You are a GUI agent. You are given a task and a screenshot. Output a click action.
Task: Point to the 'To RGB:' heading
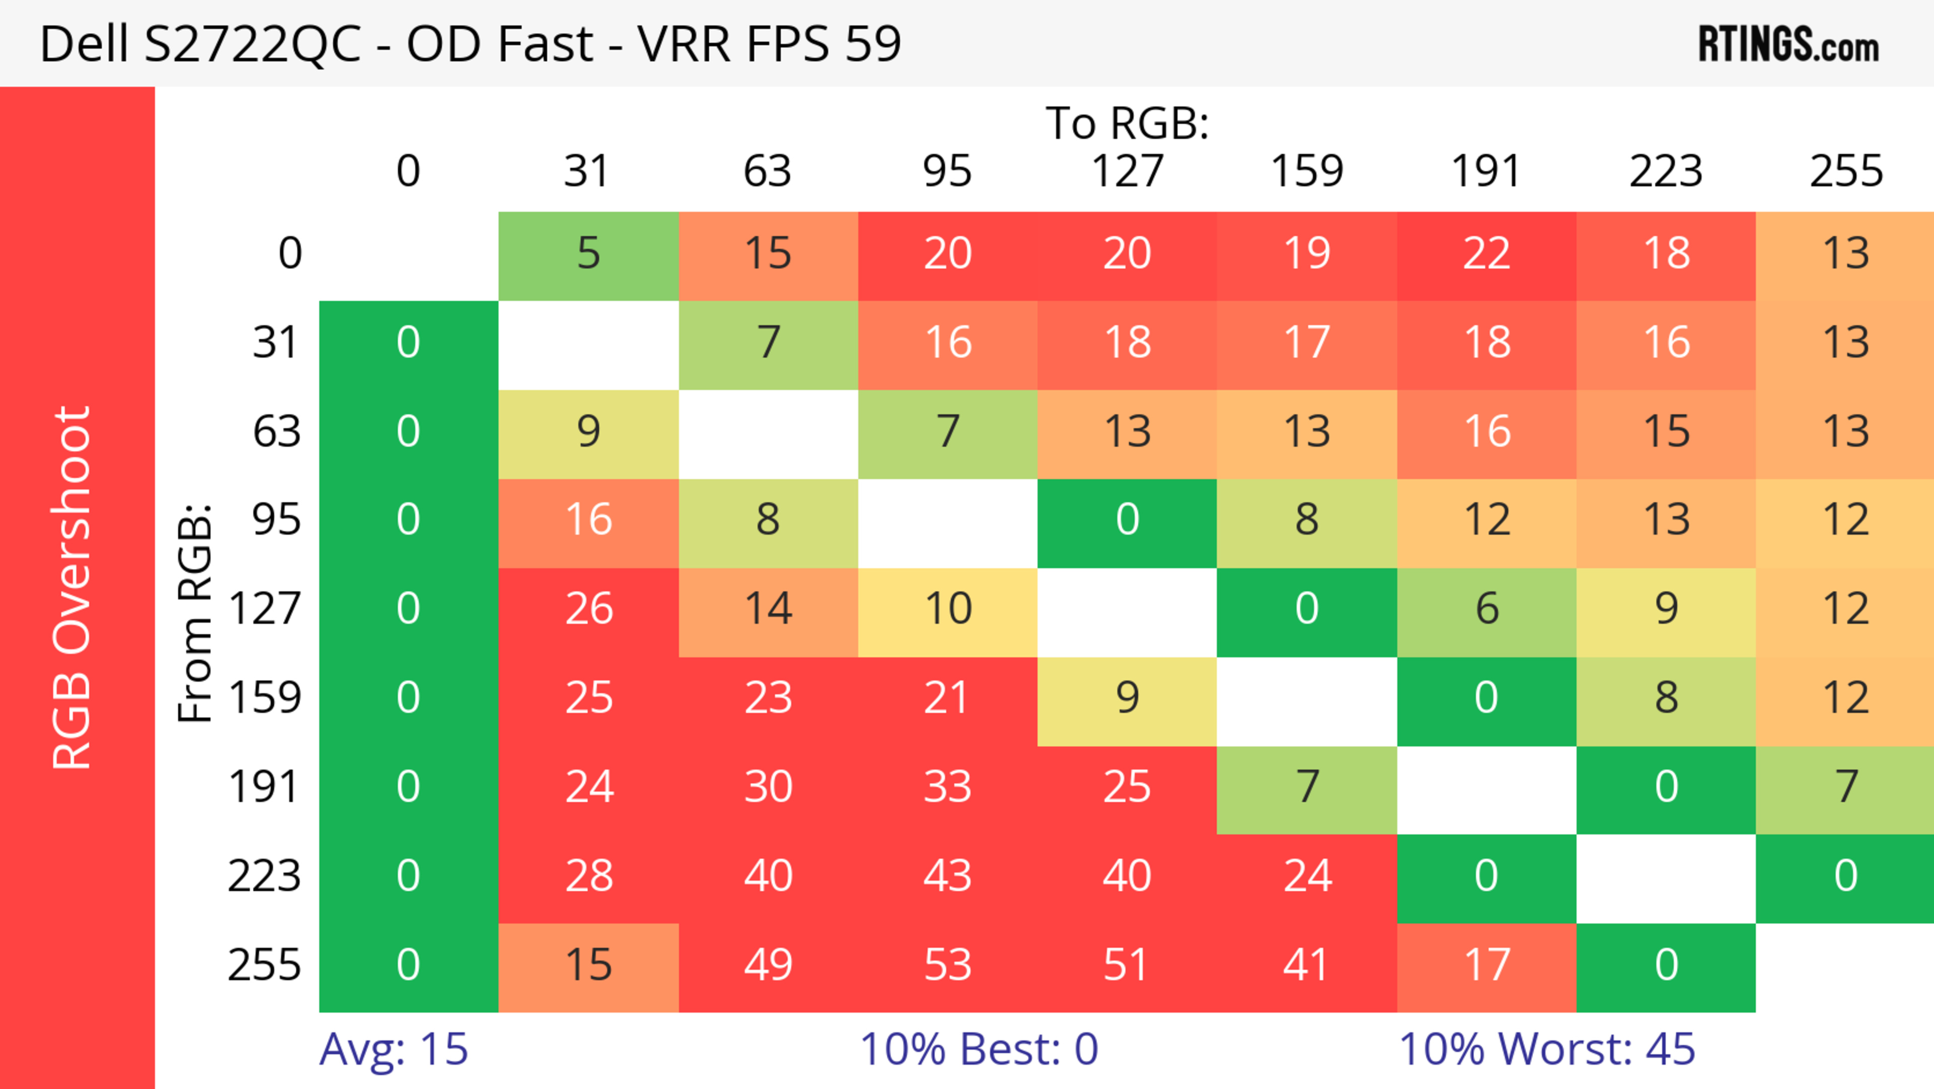(1127, 123)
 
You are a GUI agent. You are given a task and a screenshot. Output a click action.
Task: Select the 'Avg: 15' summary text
(393, 1049)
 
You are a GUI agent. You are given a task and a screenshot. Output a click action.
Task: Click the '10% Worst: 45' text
(1547, 1049)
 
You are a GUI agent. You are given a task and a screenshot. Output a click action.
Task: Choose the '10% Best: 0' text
(978, 1049)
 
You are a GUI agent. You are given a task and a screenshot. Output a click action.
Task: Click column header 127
(1127, 171)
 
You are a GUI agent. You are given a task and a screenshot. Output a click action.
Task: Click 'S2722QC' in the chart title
(252, 44)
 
